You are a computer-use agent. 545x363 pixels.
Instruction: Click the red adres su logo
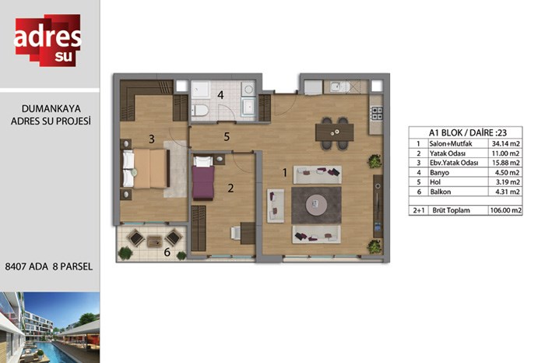(x=47, y=40)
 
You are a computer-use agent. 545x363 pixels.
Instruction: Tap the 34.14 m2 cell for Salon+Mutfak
(x=506, y=143)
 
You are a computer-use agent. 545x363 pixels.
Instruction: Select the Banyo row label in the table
(x=439, y=172)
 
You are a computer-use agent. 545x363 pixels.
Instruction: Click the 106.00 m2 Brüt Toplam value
(x=506, y=210)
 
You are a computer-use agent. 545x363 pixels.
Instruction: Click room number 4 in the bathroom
(x=220, y=94)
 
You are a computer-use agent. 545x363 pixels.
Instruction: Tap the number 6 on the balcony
(x=167, y=252)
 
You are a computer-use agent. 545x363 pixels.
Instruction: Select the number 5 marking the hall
(x=227, y=136)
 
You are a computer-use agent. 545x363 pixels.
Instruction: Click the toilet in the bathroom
(x=199, y=110)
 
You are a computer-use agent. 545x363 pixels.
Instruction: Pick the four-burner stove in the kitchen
(x=376, y=113)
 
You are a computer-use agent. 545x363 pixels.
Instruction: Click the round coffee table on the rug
(x=316, y=205)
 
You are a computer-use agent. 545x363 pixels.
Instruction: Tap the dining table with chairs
(x=334, y=133)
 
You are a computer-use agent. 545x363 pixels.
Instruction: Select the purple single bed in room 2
(x=203, y=178)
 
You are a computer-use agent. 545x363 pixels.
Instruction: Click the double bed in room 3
(x=146, y=169)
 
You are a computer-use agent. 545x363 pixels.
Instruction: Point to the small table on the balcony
(x=154, y=241)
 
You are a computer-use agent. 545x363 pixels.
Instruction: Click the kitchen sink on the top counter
(x=336, y=87)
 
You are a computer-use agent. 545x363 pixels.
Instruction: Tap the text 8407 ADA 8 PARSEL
(x=48, y=266)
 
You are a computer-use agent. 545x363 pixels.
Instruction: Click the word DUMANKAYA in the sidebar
(x=51, y=108)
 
